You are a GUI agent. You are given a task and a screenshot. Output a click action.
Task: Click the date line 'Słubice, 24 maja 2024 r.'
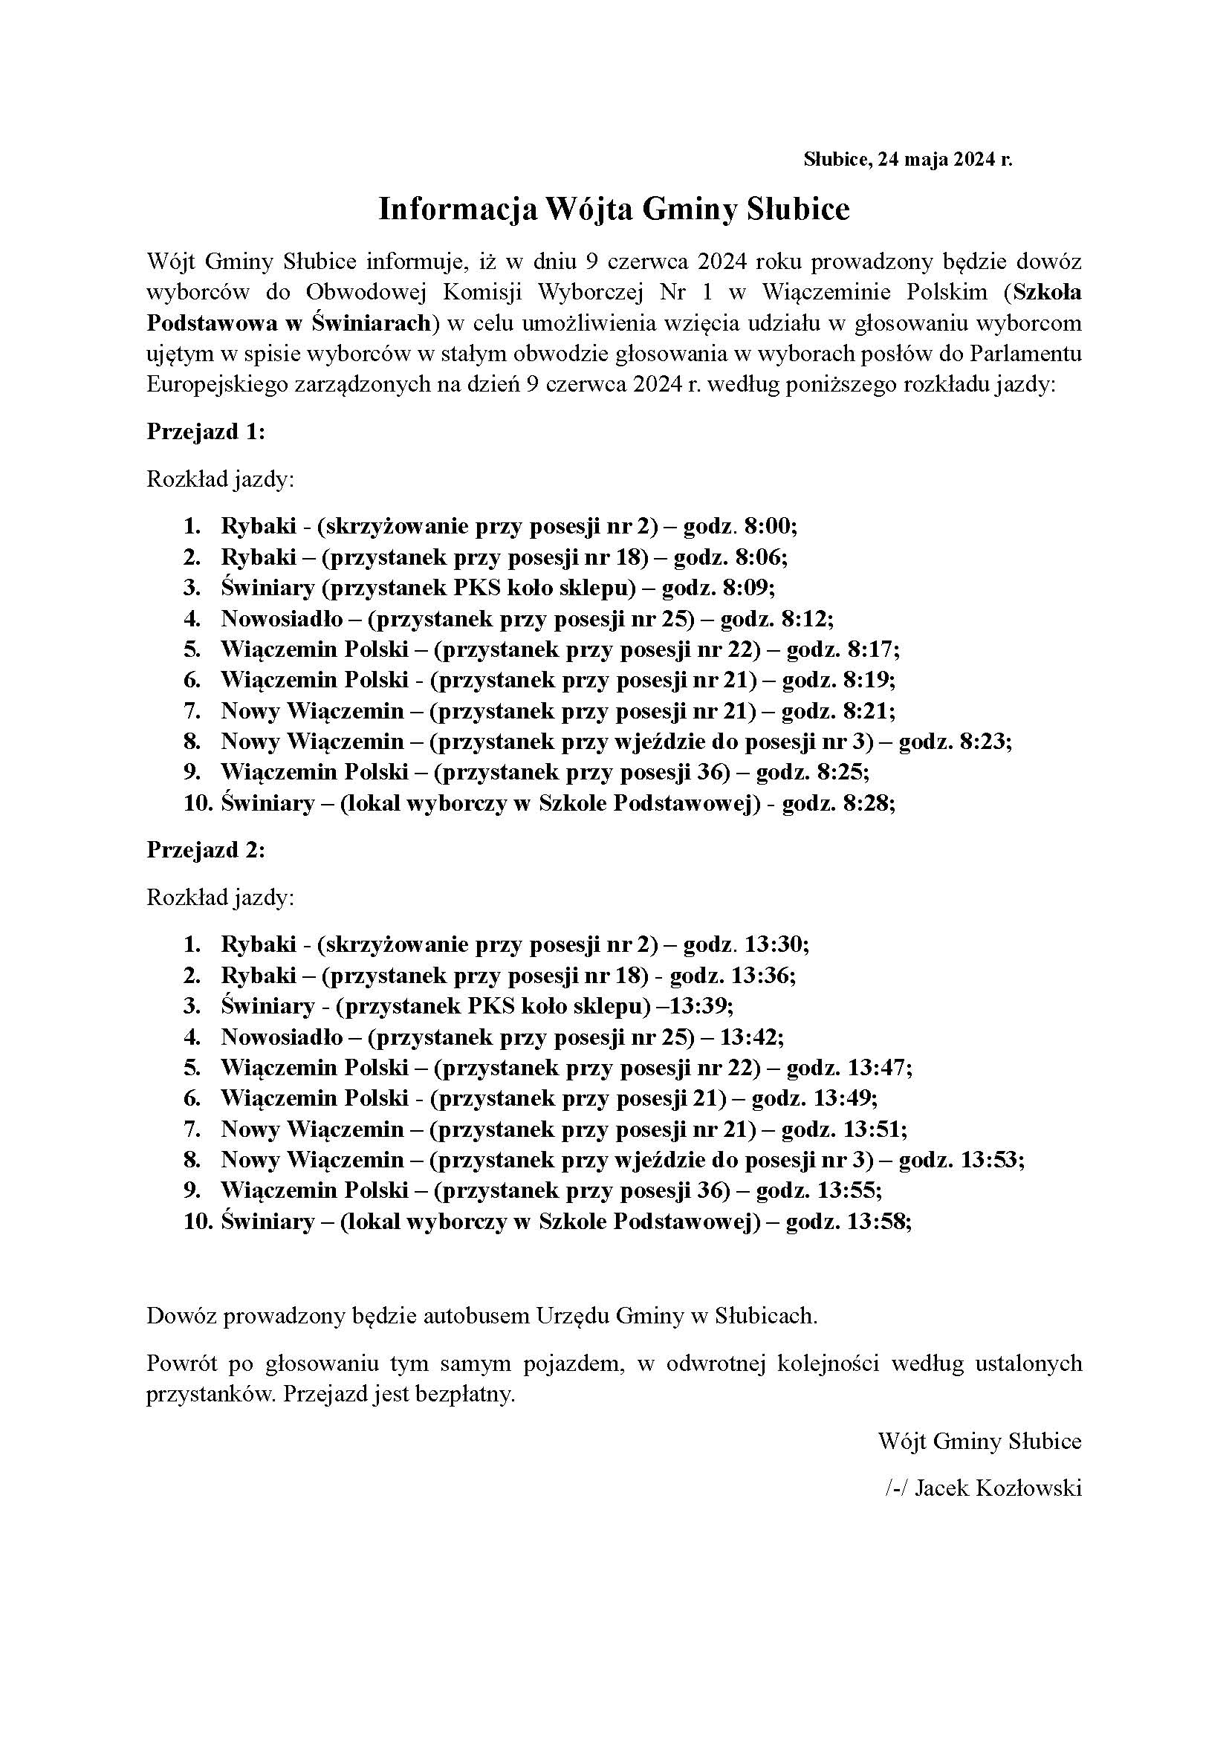coord(907,160)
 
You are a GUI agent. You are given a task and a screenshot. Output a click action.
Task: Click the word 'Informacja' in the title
coord(453,210)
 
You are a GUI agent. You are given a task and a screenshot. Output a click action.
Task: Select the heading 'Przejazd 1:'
coord(206,432)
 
